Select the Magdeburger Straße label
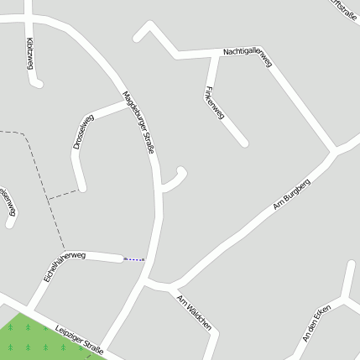pyautogui.click(x=138, y=122)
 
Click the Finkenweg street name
pyautogui.click(x=215, y=103)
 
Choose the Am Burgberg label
pyautogui.click(x=291, y=194)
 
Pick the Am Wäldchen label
pyautogui.click(x=193, y=311)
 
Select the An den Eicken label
pyautogui.click(x=317, y=323)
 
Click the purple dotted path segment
pyautogui.click(x=134, y=260)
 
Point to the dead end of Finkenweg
pyautogui.click(x=243, y=143)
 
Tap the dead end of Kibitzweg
pyautogui.click(x=36, y=82)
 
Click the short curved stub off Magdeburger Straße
pyautogui.click(x=175, y=180)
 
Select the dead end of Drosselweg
pyautogui.click(x=82, y=186)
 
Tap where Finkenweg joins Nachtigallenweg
pyautogui.click(x=206, y=55)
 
